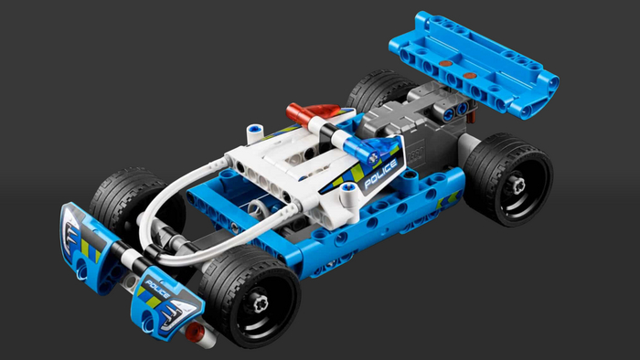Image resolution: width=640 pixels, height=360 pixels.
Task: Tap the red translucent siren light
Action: pyautogui.click(x=313, y=112)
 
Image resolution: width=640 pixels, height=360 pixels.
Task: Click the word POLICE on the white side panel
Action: pyautogui.click(x=380, y=175)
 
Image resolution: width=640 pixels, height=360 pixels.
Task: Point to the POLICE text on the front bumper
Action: pyautogui.click(x=157, y=288)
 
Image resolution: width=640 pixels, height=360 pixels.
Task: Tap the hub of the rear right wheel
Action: pyautogui.click(x=517, y=186)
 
